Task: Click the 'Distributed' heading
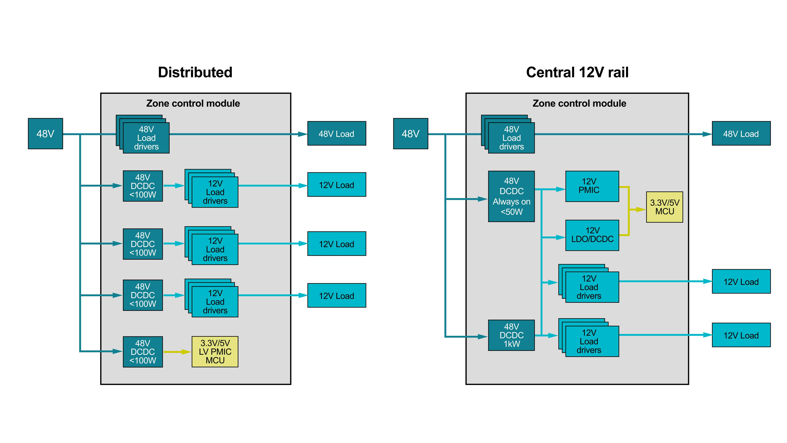coord(195,73)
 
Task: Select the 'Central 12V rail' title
coord(577,73)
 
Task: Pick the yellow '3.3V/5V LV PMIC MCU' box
coord(215,352)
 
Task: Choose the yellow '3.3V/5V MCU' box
coord(665,207)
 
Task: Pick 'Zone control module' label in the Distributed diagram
coord(193,103)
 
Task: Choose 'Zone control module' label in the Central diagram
coord(579,103)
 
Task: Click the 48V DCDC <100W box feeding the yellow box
coord(143,352)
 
